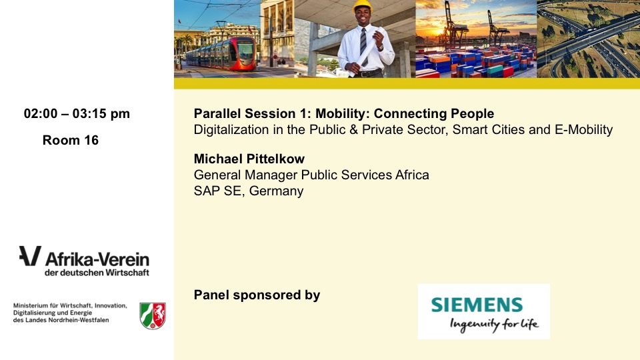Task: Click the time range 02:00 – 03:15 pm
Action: tap(77, 113)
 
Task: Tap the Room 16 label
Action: tap(71, 140)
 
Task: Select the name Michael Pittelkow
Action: tap(249, 159)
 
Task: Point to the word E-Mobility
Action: tap(584, 130)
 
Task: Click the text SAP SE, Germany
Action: tap(249, 191)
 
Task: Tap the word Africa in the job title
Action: tap(412, 175)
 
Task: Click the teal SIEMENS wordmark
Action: tap(477, 305)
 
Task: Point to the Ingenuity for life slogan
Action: tap(494, 325)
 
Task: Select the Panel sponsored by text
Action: tap(257, 295)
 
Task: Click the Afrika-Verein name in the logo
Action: tap(97, 259)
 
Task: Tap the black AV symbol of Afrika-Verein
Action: tap(30, 256)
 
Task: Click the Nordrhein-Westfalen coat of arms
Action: tap(153, 315)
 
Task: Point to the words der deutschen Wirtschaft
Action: tap(97, 273)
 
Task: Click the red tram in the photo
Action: tap(223, 54)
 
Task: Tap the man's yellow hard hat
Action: tap(362, 6)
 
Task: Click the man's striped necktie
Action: tap(363, 46)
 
